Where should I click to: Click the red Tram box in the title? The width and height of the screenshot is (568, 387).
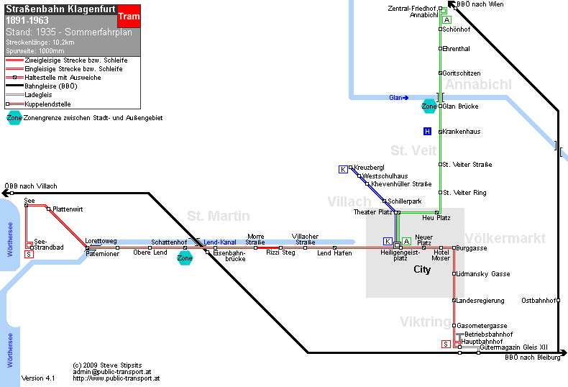[x=129, y=17]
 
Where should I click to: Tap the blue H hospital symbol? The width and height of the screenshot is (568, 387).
[x=428, y=131]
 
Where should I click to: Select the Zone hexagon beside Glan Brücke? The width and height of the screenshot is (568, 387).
[x=429, y=106]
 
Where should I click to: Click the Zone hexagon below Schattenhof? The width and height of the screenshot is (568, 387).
[x=185, y=258]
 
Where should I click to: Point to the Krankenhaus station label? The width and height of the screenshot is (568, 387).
[x=461, y=132]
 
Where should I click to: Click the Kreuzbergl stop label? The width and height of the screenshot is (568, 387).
[x=369, y=168]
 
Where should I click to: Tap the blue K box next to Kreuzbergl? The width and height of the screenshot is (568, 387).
[x=343, y=169]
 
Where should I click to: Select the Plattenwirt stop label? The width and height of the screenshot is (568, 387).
[x=68, y=209]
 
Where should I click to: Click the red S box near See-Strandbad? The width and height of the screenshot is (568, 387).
[x=29, y=255]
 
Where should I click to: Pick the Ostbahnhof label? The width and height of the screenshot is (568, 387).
[x=539, y=301]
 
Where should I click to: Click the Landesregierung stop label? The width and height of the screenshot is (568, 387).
[x=480, y=301]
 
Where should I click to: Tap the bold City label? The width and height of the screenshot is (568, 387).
[x=422, y=270]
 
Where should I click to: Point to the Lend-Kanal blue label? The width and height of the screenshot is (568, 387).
[x=220, y=242]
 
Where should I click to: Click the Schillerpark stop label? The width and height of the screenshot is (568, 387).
[x=405, y=201]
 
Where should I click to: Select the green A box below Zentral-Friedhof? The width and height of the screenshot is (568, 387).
[x=447, y=19]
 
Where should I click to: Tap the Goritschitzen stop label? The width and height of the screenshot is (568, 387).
[x=462, y=73]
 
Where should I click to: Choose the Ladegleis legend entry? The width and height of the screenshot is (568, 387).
[x=38, y=95]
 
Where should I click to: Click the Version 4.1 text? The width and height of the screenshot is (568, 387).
[x=38, y=378]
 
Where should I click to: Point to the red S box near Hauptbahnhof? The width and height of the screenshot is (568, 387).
[x=446, y=344]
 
